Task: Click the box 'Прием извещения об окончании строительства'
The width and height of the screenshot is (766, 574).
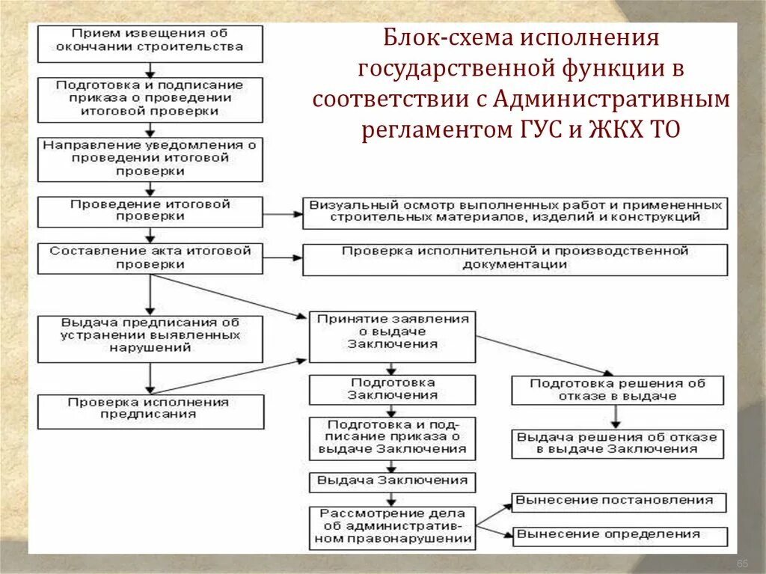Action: (150, 43)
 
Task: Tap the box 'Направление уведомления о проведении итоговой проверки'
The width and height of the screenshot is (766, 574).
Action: (150, 159)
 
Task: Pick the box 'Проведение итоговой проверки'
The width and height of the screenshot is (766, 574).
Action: (150, 212)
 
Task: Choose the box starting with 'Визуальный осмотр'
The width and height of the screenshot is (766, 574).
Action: (515, 213)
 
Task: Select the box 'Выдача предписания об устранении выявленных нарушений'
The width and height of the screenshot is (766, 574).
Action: (150, 338)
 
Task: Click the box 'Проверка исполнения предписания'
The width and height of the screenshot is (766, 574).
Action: (150, 412)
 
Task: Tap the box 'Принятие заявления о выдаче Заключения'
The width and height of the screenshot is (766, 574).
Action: (393, 336)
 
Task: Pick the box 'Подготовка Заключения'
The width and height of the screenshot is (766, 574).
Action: (393, 389)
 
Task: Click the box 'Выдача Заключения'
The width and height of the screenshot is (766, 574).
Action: (393, 481)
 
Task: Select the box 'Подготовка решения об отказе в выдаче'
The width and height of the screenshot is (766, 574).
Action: (617, 390)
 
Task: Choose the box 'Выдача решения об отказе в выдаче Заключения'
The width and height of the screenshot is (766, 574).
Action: (617, 444)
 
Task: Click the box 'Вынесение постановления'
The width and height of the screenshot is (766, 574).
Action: (619, 502)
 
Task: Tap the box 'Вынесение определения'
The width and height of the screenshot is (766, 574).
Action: (619, 536)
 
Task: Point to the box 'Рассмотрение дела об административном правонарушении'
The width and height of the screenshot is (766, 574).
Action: (393, 528)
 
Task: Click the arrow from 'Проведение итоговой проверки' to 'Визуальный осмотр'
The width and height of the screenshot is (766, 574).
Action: (282, 213)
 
